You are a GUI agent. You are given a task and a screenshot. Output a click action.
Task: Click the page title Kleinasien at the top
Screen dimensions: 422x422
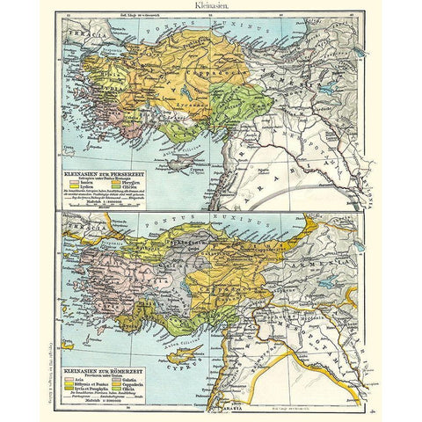[210, 5]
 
